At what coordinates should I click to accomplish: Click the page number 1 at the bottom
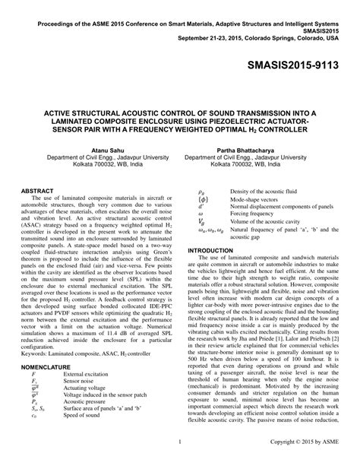pos(179,461)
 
